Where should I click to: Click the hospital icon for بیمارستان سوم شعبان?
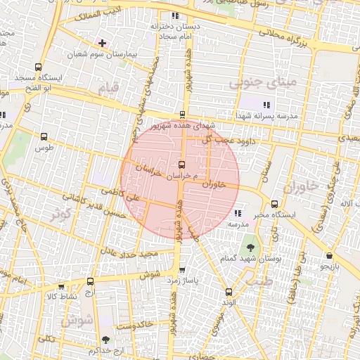click(103, 43)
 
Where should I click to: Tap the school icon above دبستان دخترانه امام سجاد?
click(175, 15)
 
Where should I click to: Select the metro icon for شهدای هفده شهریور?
click(183, 115)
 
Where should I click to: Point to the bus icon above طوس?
click(45, 137)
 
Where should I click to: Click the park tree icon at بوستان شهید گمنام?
click(250, 247)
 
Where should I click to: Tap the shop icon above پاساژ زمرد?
click(183, 269)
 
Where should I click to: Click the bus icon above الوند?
click(228, 292)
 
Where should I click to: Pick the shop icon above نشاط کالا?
click(61, 287)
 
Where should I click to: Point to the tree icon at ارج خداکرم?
click(105, 340)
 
